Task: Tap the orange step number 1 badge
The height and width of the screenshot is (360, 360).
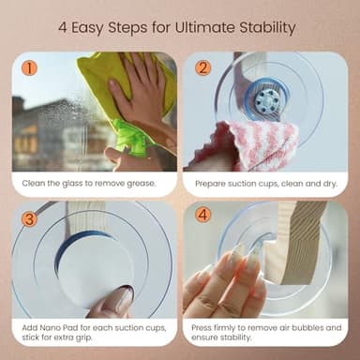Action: pos(29,68)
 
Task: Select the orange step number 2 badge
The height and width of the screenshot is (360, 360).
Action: pos(202,68)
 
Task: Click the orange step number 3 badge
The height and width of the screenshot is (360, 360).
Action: pos(29,218)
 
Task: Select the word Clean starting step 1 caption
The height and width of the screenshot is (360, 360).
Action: pos(35,184)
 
